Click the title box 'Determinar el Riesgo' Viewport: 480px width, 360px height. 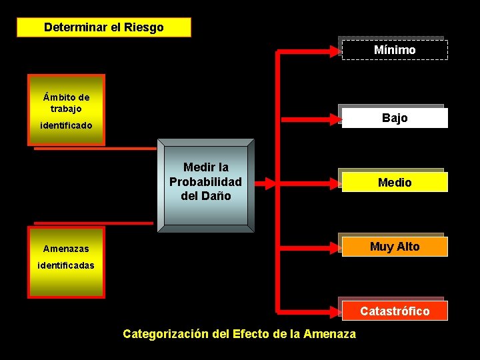point(103,27)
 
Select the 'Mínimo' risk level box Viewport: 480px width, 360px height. point(395,50)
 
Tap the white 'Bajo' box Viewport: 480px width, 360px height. point(395,118)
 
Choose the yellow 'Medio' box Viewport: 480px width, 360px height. point(395,182)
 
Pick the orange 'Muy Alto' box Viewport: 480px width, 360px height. point(395,247)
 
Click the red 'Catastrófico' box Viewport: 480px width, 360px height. point(395,311)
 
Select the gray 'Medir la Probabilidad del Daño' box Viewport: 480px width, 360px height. point(205,185)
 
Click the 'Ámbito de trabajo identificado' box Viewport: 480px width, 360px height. point(66,110)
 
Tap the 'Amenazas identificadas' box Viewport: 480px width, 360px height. point(66,261)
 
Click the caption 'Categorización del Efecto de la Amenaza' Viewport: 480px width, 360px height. point(239,334)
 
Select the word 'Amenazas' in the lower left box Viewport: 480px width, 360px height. point(66,249)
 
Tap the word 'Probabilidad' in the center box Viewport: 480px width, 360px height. point(205,182)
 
